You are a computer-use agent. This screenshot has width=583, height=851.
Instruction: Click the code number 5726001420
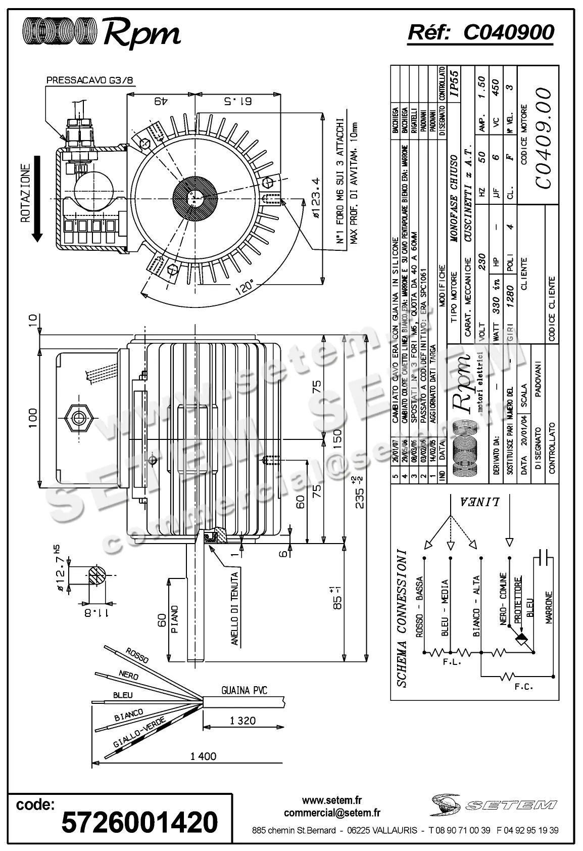pos(139,822)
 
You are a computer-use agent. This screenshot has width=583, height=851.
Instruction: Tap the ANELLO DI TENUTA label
pos(234,607)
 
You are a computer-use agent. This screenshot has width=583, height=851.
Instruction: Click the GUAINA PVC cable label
pos(244,690)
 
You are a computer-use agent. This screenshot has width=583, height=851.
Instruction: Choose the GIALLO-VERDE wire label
pos(132,737)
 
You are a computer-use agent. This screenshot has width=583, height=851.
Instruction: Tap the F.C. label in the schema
pos(523,687)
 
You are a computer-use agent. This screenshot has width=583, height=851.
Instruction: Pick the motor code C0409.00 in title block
pos(541,138)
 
